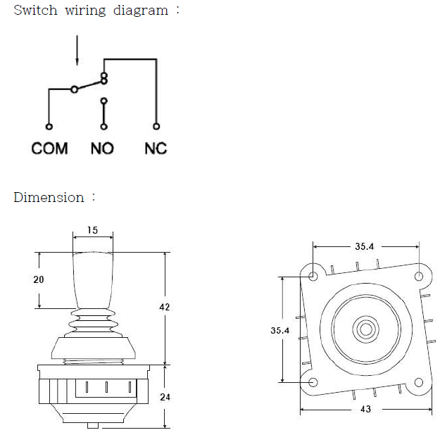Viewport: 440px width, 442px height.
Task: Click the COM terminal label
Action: pos(50,149)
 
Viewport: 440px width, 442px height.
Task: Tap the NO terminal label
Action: pos(103,149)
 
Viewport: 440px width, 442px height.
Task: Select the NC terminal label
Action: pos(156,149)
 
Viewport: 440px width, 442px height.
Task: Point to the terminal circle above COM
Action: pos(49,127)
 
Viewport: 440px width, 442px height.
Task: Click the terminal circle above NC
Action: pos(156,127)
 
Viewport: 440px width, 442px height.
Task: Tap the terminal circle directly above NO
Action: pos(104,127)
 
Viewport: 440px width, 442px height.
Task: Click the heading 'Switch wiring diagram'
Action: pos(92,11)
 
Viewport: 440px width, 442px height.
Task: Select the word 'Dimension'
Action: pos(49,198)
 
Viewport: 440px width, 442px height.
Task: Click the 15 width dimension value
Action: pos(92,230)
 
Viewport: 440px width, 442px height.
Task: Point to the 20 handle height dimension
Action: pos(39,279)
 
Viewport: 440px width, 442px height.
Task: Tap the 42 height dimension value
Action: pos(165,308)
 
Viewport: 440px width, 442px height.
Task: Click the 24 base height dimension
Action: pos(165,397)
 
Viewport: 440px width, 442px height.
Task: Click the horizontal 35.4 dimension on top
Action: pos(365,246)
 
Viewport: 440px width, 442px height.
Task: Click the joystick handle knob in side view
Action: pos(92,278)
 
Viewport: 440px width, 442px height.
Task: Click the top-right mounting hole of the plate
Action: pos(419,275)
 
